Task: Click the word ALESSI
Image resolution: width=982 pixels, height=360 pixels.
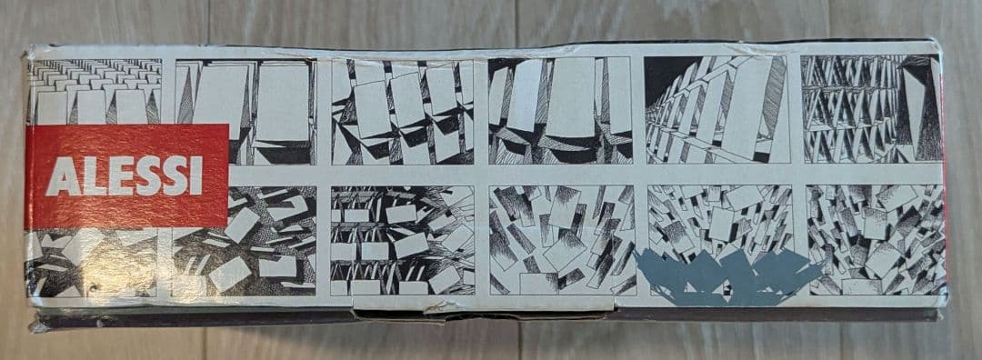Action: tap(125, 176)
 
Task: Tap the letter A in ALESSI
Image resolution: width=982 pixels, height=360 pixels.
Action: tap(62, 176)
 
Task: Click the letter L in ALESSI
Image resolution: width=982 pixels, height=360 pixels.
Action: tap(93, 176)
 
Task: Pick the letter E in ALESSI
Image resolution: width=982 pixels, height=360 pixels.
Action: tap(119, 176)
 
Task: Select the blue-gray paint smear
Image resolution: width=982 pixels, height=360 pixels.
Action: tap(726, 276)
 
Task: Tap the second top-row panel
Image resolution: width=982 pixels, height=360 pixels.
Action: tap(245, 112)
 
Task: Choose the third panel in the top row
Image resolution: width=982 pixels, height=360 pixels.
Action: tap(402, 112)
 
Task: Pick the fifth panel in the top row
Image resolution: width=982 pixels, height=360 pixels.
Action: tap(716, 110)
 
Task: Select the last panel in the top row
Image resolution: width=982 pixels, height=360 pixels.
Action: tap(871, 108)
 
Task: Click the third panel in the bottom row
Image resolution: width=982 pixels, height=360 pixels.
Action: tap(403, 240)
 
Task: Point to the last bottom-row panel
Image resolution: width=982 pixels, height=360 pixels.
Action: tap(876, 239)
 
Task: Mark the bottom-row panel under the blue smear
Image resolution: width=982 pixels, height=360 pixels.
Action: tap(721, 240)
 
